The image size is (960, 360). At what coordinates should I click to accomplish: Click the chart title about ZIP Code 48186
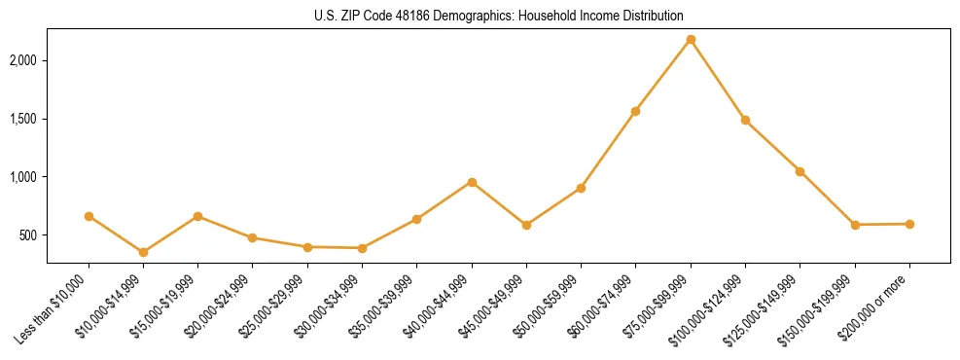(499, 16)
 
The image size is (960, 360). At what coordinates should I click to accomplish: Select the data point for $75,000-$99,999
(691, 39)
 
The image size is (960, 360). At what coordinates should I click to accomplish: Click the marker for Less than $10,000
(89, 216)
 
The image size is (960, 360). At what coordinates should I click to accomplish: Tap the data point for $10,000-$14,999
(143, 252)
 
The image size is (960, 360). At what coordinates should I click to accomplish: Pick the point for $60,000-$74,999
(635, 111)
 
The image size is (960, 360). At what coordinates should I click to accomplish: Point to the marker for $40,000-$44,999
(472, 182)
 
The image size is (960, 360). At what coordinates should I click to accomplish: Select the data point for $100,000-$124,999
(745, 120)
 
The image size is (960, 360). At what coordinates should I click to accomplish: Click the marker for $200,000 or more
(909, 224)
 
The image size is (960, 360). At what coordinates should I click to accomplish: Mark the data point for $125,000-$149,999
(800, 171)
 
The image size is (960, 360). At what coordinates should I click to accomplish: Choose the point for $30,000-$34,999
(362, 248)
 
